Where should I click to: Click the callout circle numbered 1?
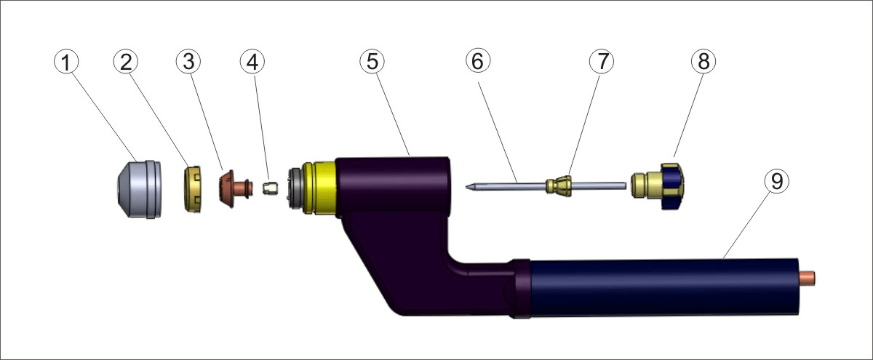point(67,63)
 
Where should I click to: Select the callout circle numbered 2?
point(126,63)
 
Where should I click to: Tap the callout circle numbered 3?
point(188,63)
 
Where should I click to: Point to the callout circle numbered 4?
point(252,63)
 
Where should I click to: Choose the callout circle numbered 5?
point(372,63)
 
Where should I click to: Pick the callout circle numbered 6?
point(477,63)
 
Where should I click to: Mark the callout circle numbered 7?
point(602,63)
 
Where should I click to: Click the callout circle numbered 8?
point(703,63)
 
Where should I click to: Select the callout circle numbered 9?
point(776,182)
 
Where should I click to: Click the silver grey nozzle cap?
point(138,188)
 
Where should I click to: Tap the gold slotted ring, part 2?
point(193,189)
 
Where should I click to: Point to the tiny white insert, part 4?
point(269,189)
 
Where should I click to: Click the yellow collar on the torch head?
point(320,188)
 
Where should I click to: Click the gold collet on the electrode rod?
point(560,185)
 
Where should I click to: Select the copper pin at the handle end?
point(809,279)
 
